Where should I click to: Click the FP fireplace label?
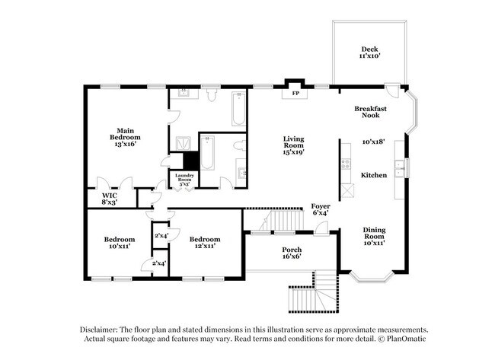(295, 94)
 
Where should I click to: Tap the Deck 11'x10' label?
(369, 53)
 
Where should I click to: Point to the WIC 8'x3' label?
(110, 199)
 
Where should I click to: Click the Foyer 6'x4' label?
(321, 209)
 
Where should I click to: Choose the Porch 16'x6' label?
(292, 253)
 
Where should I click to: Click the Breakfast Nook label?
(370, 112)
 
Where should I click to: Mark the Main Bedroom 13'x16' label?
(125, 137)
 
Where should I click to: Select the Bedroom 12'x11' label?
(205, 242)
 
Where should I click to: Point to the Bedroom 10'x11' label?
(120, 242)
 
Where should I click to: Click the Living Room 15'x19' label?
(294, 145)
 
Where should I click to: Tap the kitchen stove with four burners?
(346, 164)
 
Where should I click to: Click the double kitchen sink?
(399, 169)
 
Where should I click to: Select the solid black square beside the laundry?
(190, 161)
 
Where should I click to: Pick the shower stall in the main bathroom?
(183, 144)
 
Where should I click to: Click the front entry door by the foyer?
(321, 228)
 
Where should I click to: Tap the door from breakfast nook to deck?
(392, 91)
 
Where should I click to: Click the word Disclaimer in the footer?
(98, 330)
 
